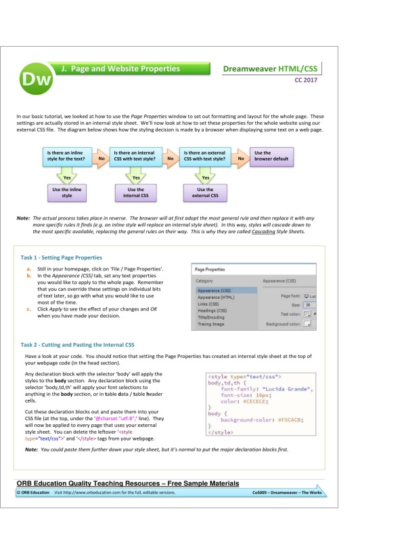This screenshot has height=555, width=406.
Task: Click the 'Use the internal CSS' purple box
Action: (x=136, y=192)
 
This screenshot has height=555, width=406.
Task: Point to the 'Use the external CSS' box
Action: (x=205, y=192)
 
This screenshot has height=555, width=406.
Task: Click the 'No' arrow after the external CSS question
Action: (x=240, y=158)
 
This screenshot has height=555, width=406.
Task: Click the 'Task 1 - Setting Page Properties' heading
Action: (x=62, y=258)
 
